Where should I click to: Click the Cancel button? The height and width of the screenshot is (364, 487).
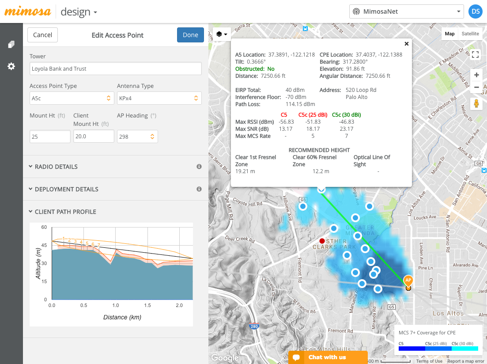[42, 35]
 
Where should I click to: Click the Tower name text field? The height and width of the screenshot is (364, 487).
[115, 68]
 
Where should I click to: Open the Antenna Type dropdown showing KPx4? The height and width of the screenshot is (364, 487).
[159, 98]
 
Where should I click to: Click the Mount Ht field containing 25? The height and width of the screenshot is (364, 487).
[50, 136]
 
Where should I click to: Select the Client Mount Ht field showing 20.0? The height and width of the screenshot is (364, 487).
[94, 136]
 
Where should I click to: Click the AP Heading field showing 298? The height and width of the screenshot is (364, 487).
[137, 136]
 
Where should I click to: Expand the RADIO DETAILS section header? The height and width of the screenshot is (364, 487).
[56, 167]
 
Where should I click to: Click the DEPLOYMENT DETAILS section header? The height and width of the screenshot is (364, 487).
[66, 189]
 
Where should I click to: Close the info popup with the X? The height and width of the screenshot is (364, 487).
[406, 44]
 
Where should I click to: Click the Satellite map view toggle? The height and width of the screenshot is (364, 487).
[470, 34]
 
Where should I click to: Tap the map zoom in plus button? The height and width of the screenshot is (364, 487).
[476, 75]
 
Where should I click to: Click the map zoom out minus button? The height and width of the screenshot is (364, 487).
[476, 87]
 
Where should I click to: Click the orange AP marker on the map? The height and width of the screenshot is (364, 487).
[408, 281]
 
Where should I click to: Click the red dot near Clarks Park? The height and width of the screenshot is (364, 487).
[322, 241]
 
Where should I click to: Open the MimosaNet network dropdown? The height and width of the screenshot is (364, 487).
[406, 11]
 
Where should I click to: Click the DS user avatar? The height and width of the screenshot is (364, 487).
[476, 11]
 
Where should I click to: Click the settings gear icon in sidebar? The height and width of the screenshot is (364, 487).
[11, 66]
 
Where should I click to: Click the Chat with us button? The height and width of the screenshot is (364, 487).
[328, 357]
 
